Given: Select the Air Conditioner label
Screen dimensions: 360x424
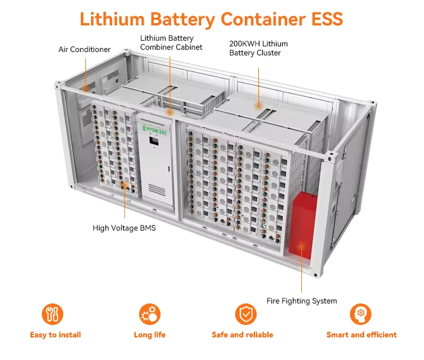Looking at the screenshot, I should coord(84,50).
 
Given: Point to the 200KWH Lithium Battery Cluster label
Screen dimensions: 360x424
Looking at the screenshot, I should coord(258,48).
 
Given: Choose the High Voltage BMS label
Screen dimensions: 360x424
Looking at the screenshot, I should coord(124,228).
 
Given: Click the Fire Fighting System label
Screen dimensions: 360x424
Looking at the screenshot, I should coord(301,301).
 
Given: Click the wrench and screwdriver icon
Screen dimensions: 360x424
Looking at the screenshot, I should coord(53,314).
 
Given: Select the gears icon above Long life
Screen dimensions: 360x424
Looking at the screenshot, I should coord(150,314).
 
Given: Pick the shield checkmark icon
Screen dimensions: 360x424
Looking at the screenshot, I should coord(245,314).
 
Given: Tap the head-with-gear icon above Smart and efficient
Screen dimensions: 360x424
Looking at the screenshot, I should coord(361,314).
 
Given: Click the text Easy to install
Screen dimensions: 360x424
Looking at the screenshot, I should coord(55,335).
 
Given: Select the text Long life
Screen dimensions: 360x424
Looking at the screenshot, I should coord(150,335).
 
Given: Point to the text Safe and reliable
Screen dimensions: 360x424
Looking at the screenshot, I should coord(243,335).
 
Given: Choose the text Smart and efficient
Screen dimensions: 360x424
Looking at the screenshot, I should coord(361,335).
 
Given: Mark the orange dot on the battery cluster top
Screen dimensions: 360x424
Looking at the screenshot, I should coord(258,105).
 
